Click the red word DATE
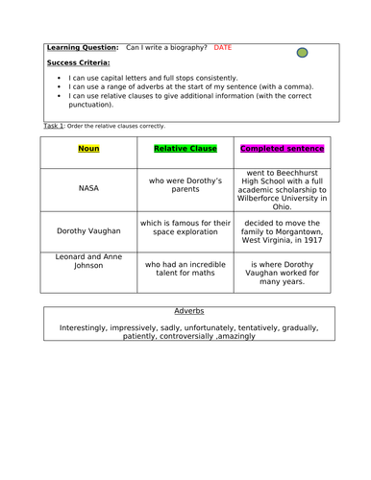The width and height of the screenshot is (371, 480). (x=223, y=47)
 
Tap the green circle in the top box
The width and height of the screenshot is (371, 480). (x=302, y=53)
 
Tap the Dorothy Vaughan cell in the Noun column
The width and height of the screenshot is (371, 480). (x=88, y=231)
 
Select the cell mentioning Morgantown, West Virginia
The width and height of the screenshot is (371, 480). (x=283, y=231)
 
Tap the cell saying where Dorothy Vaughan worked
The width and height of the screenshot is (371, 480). (x=283, y=273)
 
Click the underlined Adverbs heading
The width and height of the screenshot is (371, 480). (x=189, y=311)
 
